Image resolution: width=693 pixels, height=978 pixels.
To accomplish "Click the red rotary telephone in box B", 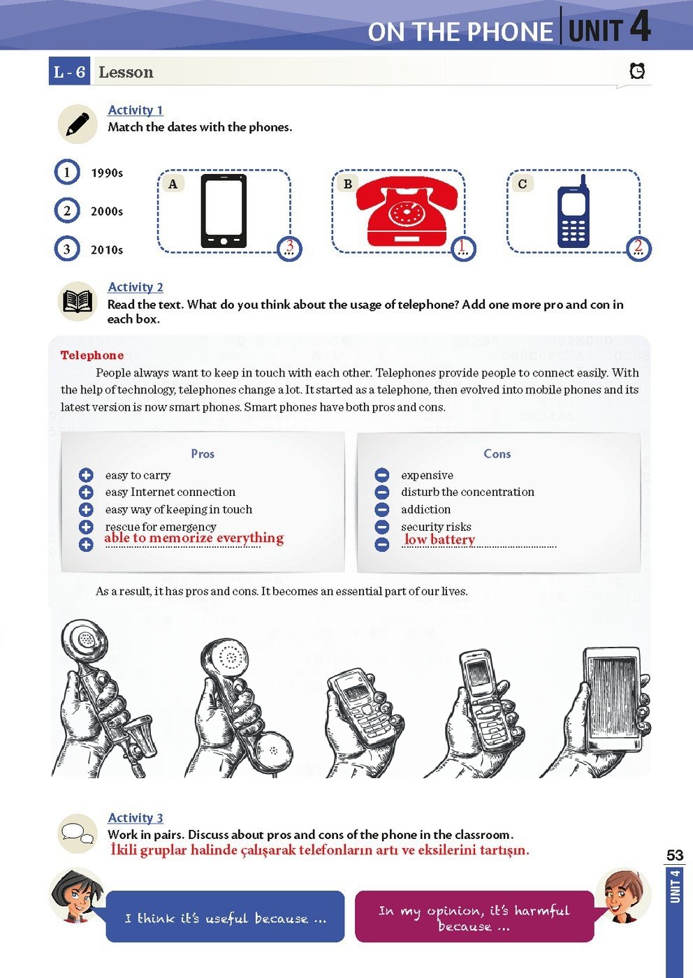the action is [x=407, y=211].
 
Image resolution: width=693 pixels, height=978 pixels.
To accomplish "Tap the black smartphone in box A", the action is [x=224, y=211].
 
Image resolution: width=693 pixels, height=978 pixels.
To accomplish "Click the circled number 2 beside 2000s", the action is [x=67, y=211].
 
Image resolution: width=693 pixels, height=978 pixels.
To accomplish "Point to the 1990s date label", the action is [x=107, y=173].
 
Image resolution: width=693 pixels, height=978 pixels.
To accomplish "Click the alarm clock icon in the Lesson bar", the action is [x=637, y=71].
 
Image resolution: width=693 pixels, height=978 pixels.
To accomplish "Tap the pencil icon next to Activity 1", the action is [x=78, y=124].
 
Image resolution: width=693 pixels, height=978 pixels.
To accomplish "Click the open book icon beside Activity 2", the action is [x=78, y=301].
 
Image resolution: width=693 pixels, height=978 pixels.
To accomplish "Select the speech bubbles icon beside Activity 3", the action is [x=78, y=833].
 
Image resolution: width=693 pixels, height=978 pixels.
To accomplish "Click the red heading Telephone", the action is [x=92, y=355].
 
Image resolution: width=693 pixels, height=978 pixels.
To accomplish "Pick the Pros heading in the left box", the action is [x=203, y=453].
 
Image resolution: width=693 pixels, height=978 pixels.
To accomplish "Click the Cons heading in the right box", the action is [x=497, y=453].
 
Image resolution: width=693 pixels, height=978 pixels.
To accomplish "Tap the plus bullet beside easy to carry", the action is [x=86, y=475].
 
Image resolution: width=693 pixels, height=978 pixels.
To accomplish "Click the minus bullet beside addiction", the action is [x=382, y=509].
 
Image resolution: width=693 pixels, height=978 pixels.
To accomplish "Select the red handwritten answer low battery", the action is [x=439, y=539].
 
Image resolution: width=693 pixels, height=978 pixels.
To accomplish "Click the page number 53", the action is [x=675, y=855].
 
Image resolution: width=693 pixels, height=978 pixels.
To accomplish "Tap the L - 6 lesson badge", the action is [x=69, y=71].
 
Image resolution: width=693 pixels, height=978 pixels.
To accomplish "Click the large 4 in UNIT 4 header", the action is [x=640, y=27].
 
